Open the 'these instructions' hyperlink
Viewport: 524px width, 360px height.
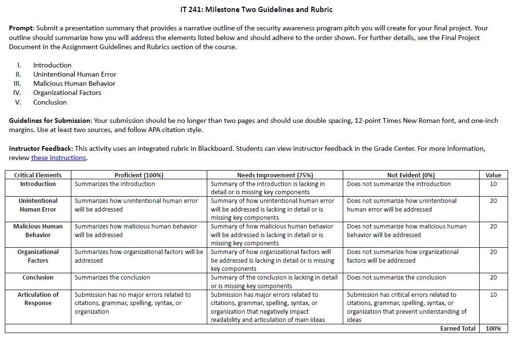click(58, 158)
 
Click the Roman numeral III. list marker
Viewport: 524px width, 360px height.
click(17, 83)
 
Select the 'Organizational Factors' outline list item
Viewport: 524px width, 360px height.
click(67, 93)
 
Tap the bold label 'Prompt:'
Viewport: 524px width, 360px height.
click(21, 28)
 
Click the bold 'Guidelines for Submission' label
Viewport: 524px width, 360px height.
click(50, 120)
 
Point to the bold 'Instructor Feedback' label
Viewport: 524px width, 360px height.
click(41, 148)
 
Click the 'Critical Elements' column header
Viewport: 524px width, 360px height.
click(38, 175)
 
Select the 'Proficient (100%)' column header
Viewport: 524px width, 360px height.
click(139, 175)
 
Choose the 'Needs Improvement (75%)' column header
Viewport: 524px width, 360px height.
click(275, 175)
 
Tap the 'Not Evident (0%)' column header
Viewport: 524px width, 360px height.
click(411, 175)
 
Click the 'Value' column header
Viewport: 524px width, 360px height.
click(493, 175)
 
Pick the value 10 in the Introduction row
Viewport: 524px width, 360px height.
click(493, 184)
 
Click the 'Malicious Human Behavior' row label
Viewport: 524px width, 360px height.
click(38, 230)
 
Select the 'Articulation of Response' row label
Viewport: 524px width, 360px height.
click(38, 299)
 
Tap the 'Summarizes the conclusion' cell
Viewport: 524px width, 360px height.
click(112, 278)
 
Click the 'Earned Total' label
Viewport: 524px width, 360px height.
click(457, 329)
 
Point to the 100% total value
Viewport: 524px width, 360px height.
click(493, 329)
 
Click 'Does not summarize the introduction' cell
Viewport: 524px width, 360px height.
click(399, 184)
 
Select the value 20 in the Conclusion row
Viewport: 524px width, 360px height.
click(493, 278)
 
